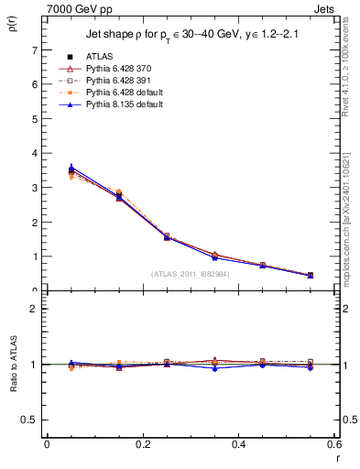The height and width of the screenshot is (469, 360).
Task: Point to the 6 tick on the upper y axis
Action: click(x=36, y=84)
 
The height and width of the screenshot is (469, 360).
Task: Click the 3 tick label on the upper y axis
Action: click(x=36, y=188)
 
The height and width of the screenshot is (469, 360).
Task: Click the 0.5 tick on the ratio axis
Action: click(x=31, y=420)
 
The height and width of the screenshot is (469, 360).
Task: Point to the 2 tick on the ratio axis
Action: click(x=36, y=309)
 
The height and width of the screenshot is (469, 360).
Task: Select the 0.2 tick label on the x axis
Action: click(x=142, y=445)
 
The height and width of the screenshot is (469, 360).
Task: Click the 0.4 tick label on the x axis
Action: click(x=238, y=445)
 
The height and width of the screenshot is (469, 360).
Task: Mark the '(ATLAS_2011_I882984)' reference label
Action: click(x=190, y=273)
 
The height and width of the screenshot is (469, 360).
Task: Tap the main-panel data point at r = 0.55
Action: click(x=310, y=275)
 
